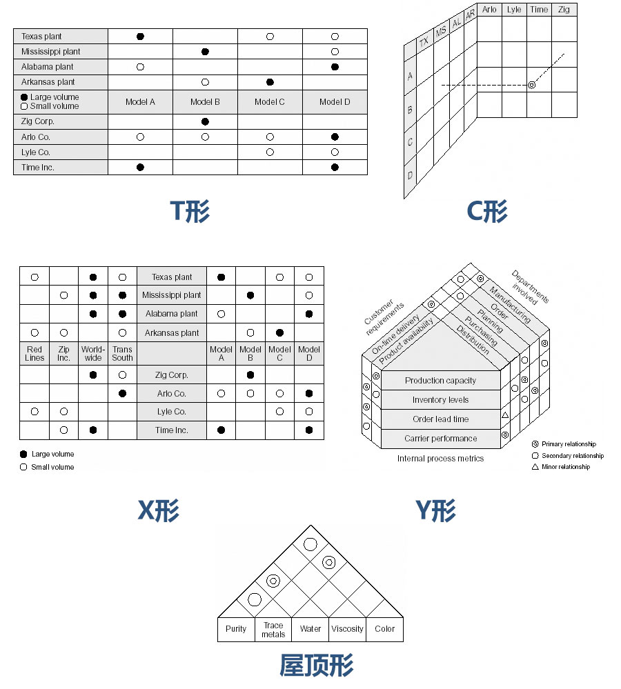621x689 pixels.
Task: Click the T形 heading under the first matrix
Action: pyautogui.click(x=190, y=211)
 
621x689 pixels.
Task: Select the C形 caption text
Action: pyautogui.click(x=487, y=211)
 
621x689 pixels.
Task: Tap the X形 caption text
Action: pyautogui.click(x=158, y=510)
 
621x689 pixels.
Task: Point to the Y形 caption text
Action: pyautogui.click(x=435, y=510)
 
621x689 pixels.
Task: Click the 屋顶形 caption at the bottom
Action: pyautogui.click(x=316, y=666)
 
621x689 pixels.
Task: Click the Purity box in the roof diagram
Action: pyautogui.click(x=236, y=629)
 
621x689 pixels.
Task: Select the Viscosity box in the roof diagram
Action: pyautogui.click(x=347, y=629)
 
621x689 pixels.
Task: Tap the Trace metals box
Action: pyautogui.click(x=273, y=630)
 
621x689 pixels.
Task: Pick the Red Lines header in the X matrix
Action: pyautogui.click(x=34, y=354)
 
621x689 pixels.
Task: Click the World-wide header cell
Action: pyautogui.click(x=93, y=354)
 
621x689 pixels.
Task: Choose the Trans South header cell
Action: pyautogui.click(x=122, y=354)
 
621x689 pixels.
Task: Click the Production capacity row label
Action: pyautogui.click(x=440, y=381)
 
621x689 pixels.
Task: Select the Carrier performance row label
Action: pyautogui.click(x=440, y=439)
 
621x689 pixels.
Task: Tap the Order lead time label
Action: pyautogui.click(x=440, y=419)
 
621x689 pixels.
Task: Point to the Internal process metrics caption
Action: pyautogui.click(x=440, y=459)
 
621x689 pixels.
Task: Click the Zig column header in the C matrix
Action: pyautogui.click(x=564, y=10)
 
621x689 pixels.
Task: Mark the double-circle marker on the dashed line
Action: pyautogui.click(x=531, y=85)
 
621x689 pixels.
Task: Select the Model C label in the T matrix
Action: pyautogui.click(x=270, y=102)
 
